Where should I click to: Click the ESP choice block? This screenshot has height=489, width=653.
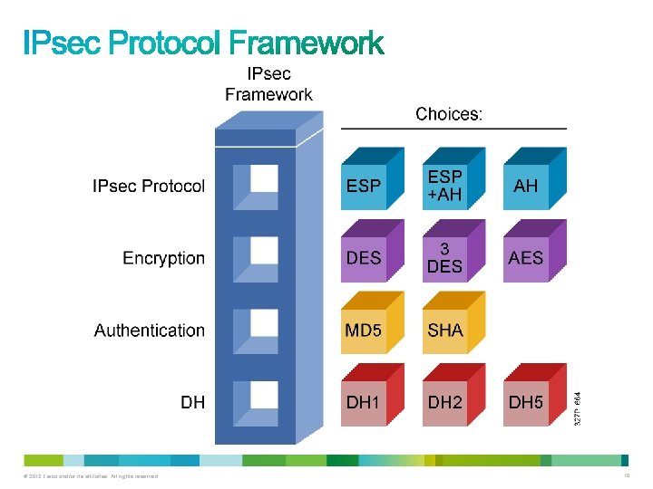tap(364, 187)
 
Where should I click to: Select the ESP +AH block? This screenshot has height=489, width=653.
tap(444, 187)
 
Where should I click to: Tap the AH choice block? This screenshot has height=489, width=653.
tap(525, 187)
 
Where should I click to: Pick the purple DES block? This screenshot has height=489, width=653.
tap(364, 259)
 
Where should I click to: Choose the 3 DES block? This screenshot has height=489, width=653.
tap(444, 259)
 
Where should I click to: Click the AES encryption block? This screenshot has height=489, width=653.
tap(525, 259)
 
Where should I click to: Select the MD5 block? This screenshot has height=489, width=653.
tap(364, 331)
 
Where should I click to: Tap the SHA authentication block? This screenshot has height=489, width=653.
tap(444, 331)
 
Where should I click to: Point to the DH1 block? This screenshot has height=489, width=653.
tap(364, 403)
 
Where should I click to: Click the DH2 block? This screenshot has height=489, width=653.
tap(444, 403)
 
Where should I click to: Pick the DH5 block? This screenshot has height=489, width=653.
tap(525, 403)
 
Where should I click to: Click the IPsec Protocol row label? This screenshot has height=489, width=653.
tap(149, 187)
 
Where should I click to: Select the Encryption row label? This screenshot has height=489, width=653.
tap(163, 259)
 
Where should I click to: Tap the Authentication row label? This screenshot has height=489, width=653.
tap(150, 331)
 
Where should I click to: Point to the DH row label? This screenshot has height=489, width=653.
tap(192, 402)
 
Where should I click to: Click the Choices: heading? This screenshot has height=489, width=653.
tap(449, 114)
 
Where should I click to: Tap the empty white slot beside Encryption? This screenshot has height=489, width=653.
tap(264, 251)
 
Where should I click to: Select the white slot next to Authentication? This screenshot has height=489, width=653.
tap(264, 323)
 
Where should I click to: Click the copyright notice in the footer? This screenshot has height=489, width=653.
tap(86, 476)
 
